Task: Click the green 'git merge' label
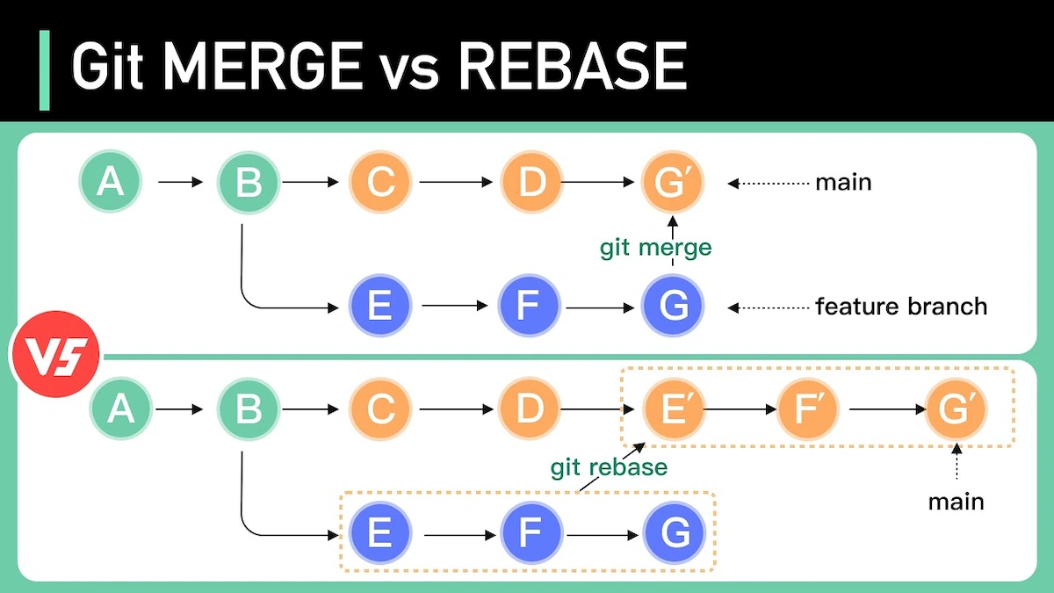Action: tap(655, 248)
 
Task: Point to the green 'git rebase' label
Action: tap(609, 466)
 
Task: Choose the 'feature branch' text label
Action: tap(901, 307)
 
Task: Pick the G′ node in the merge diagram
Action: tap(673, 183)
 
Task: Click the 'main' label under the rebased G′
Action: tap(956, 502)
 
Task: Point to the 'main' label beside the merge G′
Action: tap(843, 183)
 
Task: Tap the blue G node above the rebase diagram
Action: tap(673, 307)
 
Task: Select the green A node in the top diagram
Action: tap(110, 183)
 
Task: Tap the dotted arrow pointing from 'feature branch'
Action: tap(769, 307)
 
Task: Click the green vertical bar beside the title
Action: tap(45, 70)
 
